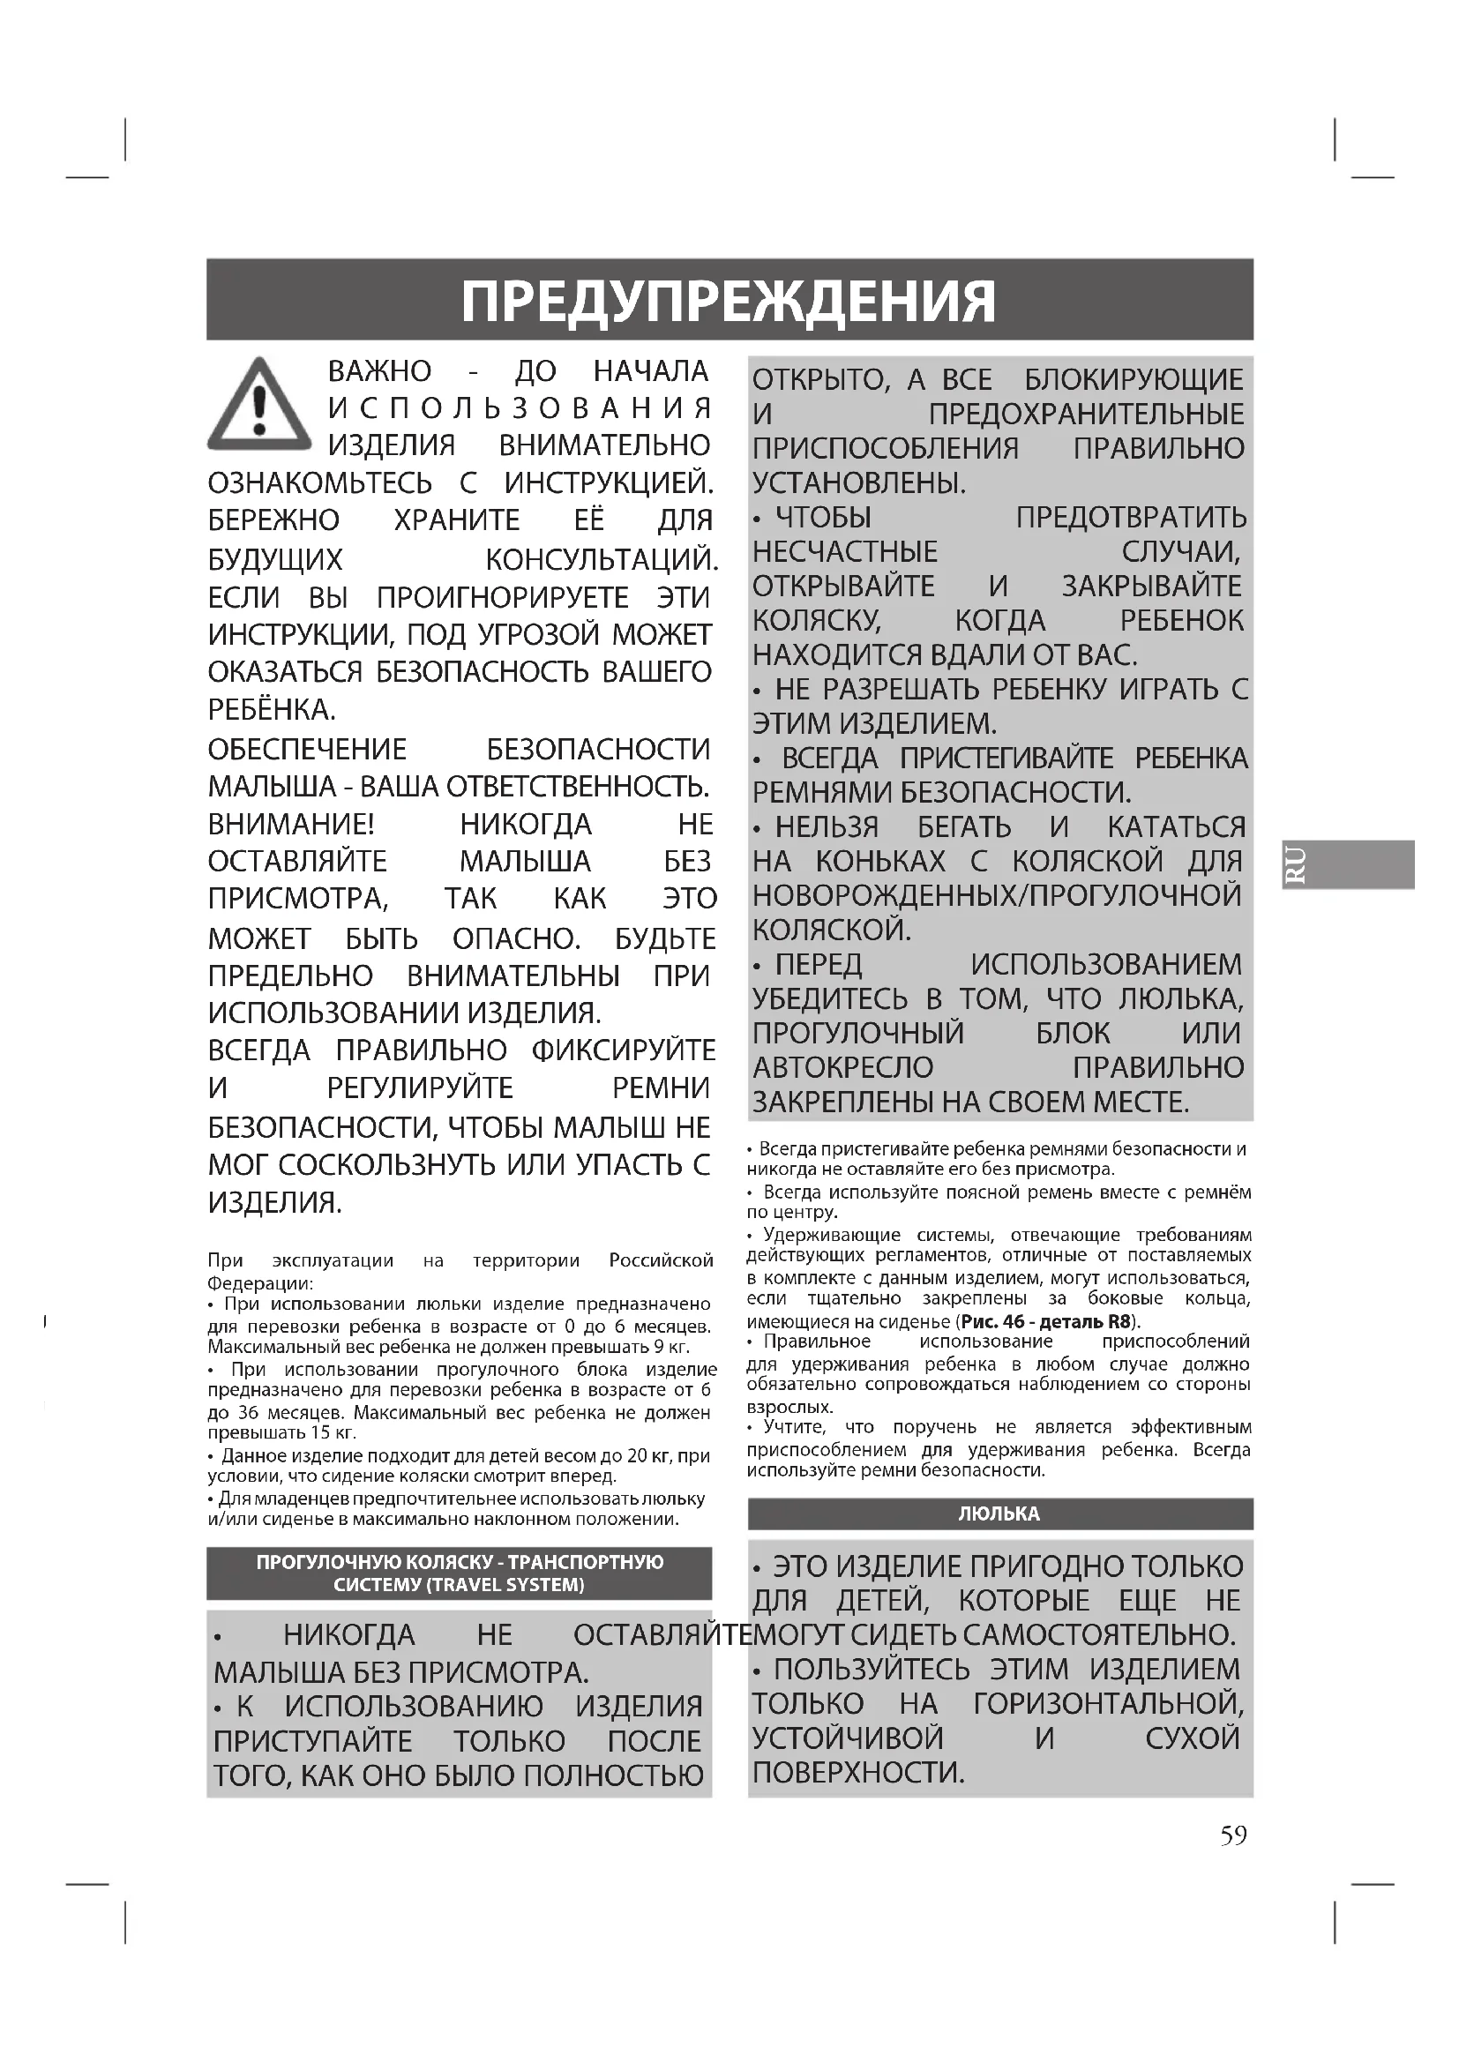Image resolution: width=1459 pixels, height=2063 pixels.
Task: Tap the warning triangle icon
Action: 258,405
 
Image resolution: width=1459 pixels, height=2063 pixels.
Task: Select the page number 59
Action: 1233,1835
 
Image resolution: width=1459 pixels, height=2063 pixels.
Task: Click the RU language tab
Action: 1298,864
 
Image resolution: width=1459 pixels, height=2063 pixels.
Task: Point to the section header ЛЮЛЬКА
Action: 999,1514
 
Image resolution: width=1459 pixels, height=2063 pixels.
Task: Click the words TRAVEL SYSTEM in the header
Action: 507,1584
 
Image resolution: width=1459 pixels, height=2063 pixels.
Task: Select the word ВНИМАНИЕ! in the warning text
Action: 291,824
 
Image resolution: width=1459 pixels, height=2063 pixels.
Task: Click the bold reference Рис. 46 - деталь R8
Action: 1044,1321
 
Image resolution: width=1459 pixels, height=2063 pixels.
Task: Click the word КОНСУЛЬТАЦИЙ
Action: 601,560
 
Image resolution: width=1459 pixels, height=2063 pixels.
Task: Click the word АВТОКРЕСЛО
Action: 842,1067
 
